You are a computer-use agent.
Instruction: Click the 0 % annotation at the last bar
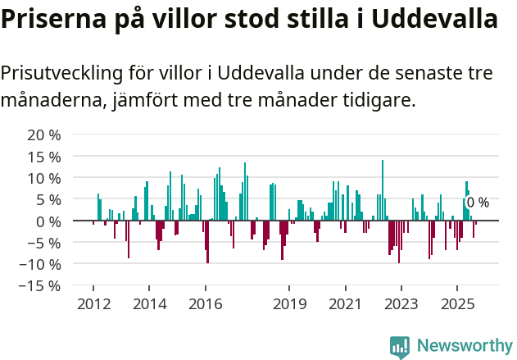[x=478, y=203]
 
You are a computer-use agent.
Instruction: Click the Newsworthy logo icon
[x=400, y=346]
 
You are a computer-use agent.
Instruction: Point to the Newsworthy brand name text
[x=465, y=346]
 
